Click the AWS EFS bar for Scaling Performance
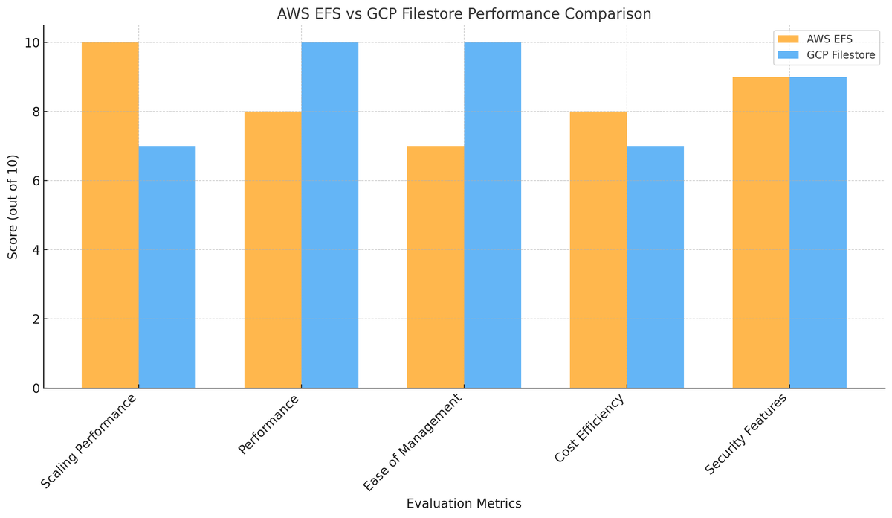coord(110,215)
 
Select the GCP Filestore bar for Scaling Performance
coord(167,267)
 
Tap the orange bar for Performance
coord(274,249)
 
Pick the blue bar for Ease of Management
coord(493,215)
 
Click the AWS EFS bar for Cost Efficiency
coord(598,249)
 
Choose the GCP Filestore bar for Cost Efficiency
coord(656,267)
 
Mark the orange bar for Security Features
coord(761,232)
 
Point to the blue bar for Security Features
coord(818,232)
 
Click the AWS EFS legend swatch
coord(788,39)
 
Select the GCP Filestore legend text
coord(841,55)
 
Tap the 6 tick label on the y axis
coord(36,181)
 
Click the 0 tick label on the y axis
coord(36,388)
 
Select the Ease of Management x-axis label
coord(413,442)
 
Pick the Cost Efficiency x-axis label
coord(589,428)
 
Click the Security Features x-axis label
coord(746,434)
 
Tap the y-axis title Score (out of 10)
coord(13,207)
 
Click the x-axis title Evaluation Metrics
coord(464,504)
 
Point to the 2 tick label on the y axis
coord(36,319)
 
